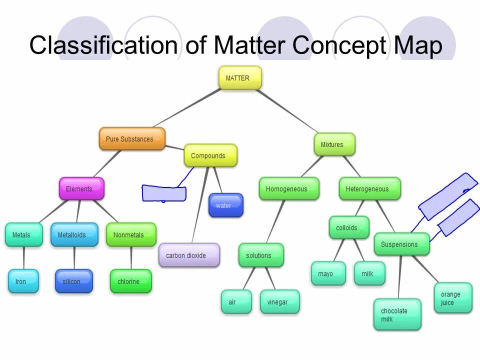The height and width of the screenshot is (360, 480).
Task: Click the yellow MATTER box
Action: click(240, 78)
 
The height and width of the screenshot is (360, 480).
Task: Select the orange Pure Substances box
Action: click(131, 139)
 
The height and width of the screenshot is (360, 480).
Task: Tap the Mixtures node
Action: click(334, 144)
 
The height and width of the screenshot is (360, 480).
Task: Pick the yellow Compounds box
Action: click(210, 155)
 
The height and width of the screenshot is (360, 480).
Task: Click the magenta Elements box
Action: click(81, 189)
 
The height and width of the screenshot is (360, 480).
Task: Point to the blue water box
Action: click(225, 205)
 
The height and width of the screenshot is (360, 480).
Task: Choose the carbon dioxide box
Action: click(188, 255)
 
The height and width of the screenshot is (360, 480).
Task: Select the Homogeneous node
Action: click(288, 189)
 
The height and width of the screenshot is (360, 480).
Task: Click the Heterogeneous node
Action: click(369, 189)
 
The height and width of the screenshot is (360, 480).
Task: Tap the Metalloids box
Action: click(74, 234)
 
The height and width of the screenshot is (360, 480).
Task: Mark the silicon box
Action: click(73, 281)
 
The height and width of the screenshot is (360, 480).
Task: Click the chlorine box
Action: click(130, 281)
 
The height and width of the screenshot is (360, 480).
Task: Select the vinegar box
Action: click(279, 302)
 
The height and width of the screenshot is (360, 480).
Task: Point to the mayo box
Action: click(327, 273)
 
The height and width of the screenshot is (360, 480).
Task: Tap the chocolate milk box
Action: click(397, 314)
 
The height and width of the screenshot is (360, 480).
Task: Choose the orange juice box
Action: click(452, 298)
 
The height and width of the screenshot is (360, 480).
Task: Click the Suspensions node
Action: click(401, 244)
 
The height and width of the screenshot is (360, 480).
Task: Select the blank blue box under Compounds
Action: click(164, 193)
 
